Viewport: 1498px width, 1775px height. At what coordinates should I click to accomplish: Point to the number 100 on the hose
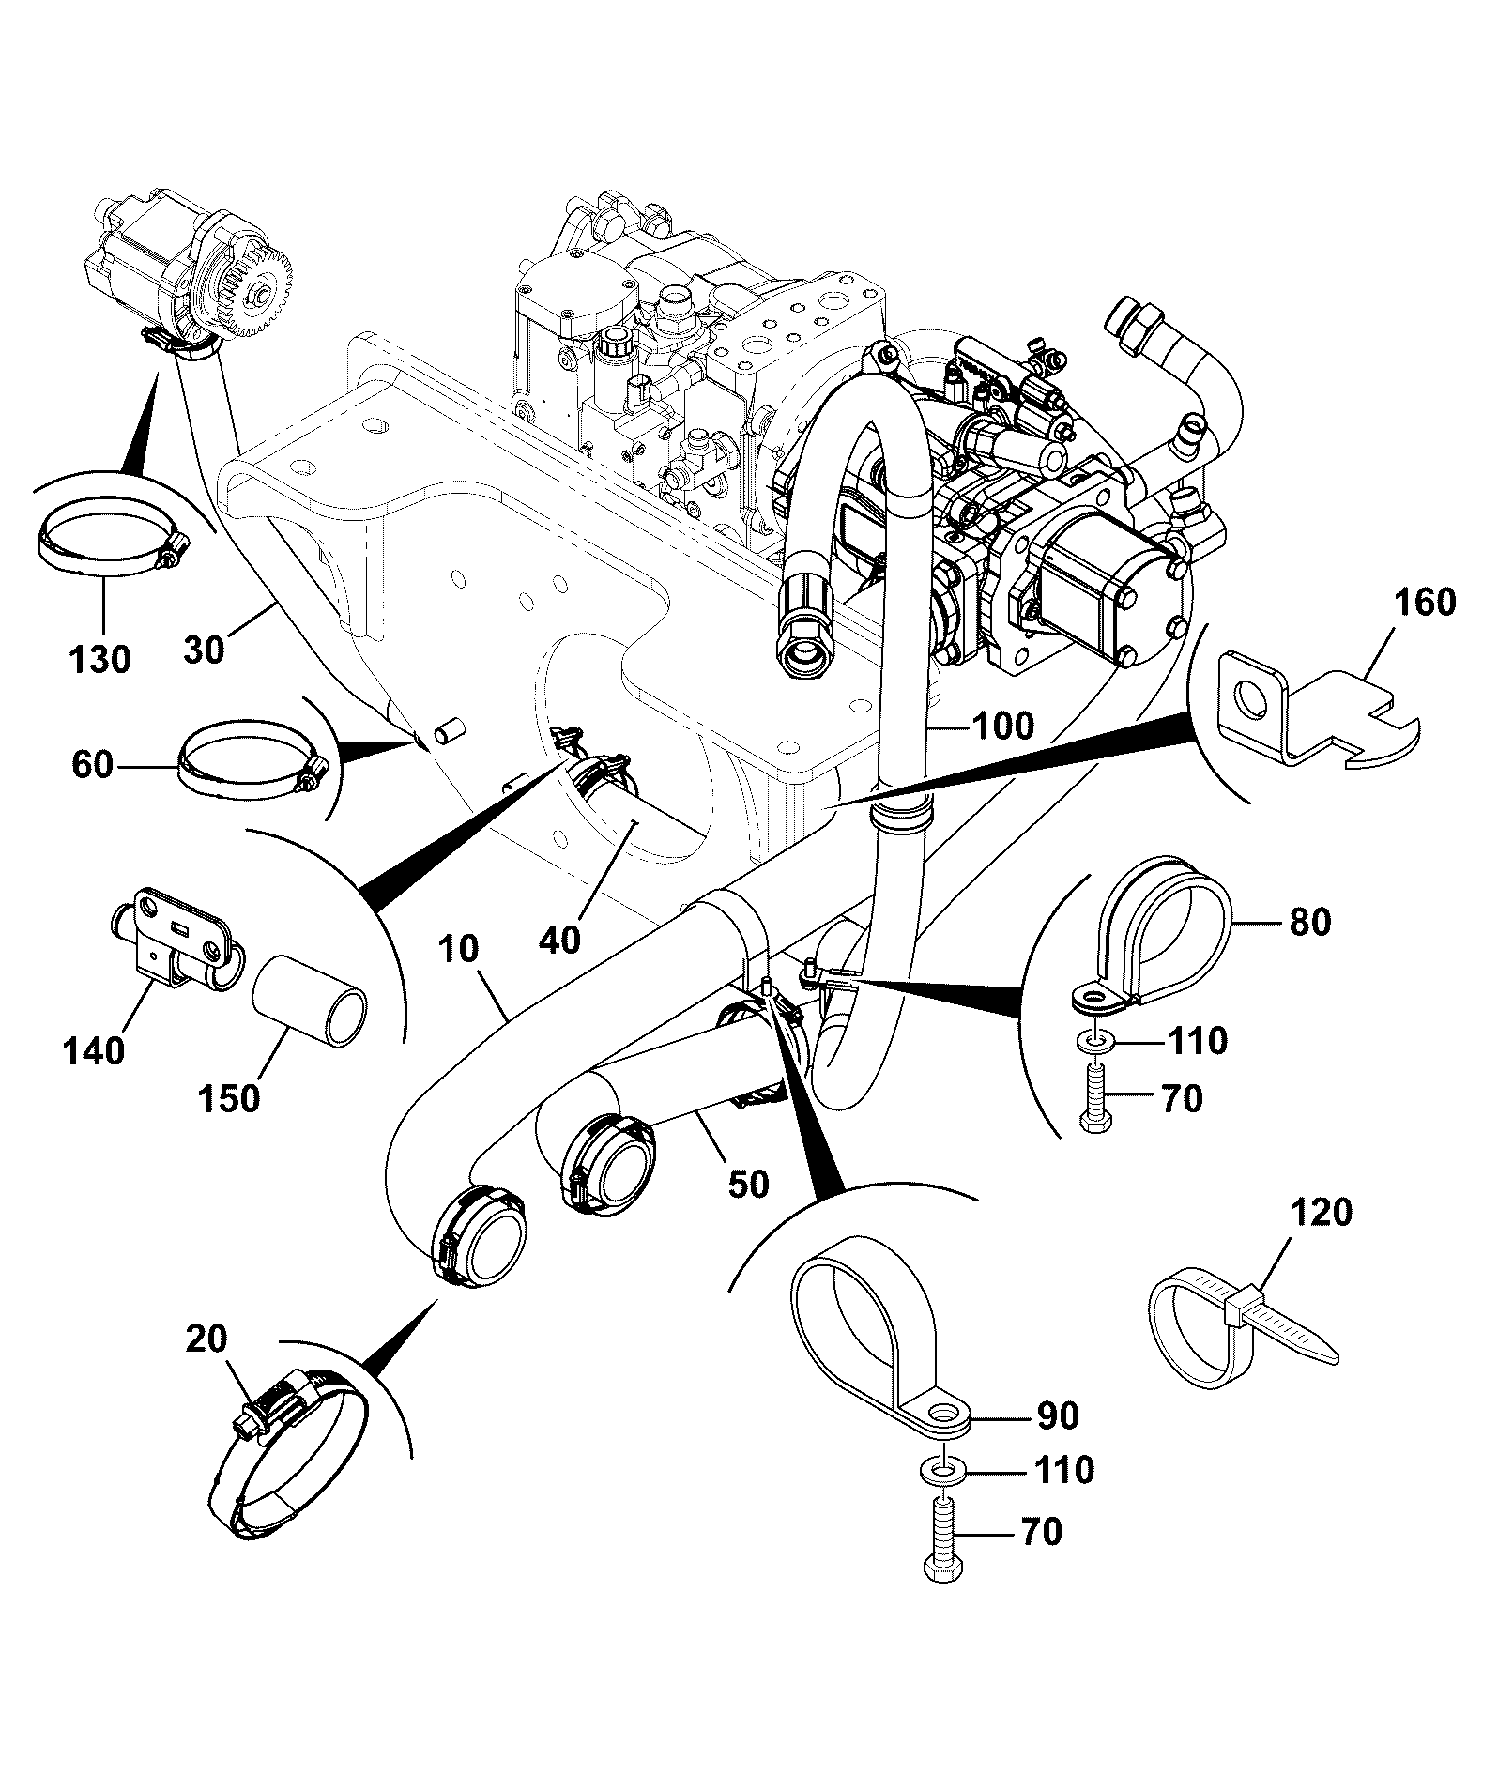point(1001,725)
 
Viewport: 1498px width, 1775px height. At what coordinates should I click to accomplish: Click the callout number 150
point(229,1097)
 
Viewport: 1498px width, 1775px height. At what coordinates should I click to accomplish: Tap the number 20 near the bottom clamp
point(206,1339)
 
